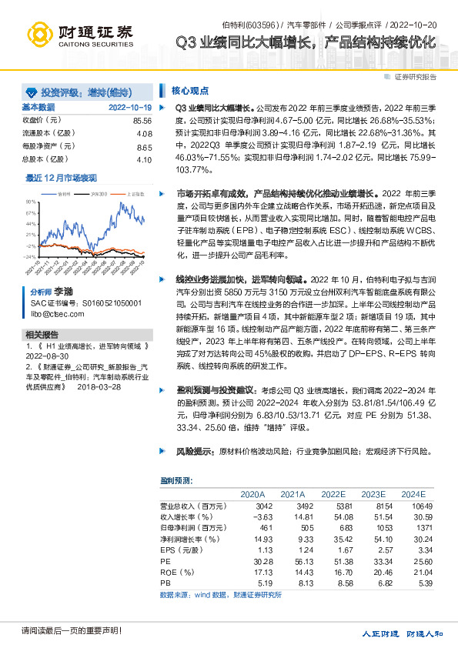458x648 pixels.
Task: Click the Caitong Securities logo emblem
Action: click(x=39, y=33)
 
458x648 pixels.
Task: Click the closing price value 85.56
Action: click(x=142, y=121)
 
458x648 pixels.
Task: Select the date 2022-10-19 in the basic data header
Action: click(x=130, y=108)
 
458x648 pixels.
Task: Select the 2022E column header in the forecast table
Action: click(x=333, y=493)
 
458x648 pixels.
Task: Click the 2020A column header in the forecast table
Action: click(x=252, y=493)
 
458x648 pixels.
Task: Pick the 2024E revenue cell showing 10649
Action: click(x=411, y=506)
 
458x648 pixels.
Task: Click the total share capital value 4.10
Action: click(x=144, y=159)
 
